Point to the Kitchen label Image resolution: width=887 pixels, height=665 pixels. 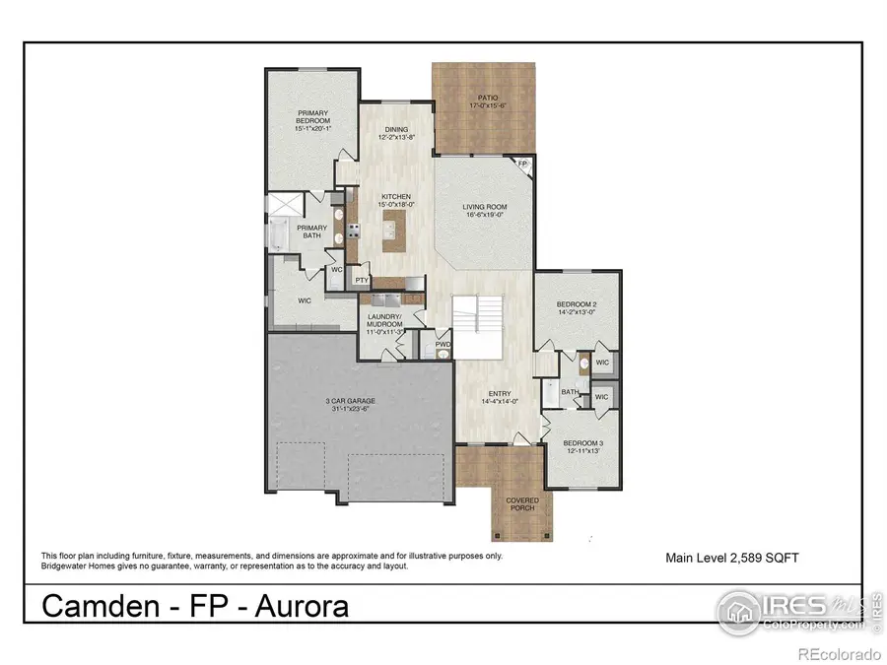click(396, 200)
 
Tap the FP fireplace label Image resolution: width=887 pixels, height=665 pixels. click(523, 165)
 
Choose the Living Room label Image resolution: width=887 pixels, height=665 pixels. click(484, 210)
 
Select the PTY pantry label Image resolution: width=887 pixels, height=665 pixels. click(362, 280)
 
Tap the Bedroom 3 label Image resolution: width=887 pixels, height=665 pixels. click(581, 446)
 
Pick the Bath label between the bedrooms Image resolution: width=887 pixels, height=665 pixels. click(570, 392)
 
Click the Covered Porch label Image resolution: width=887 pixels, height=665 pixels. click(522, 503)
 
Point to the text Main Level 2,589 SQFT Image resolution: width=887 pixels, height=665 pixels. click(731, 559)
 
